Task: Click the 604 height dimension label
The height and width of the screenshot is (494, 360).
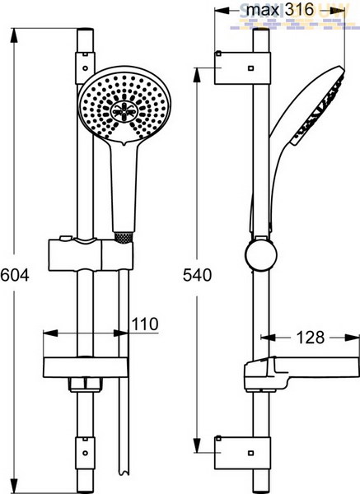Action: point(15,275)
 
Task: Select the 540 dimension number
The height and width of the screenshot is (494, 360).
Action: point(198,275)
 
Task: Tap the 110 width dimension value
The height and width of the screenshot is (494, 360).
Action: point(145,324)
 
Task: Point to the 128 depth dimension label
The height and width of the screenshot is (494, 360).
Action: point(311,338)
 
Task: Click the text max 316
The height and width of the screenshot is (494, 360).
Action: point(280,10)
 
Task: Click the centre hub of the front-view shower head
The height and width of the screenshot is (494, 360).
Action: point(124,110)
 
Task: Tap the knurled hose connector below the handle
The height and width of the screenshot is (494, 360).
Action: point(124,237)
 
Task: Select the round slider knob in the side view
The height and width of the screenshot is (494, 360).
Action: point(261,255)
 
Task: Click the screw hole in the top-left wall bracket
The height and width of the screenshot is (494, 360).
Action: point(85,68)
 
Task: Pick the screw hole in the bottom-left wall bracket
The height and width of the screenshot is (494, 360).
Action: point(85,453)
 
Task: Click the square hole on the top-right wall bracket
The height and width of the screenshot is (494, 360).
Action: point(251,68)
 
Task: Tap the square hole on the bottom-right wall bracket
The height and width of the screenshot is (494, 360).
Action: point(251,453)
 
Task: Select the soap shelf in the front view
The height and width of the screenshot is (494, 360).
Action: point(86,367)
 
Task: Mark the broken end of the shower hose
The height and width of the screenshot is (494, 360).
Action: point(124,472)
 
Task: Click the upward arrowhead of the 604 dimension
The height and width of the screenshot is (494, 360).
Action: point(13,35)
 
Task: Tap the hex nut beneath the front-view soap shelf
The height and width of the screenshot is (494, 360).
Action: point(85,384)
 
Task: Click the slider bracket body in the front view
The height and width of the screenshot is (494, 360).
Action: point(91,254)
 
